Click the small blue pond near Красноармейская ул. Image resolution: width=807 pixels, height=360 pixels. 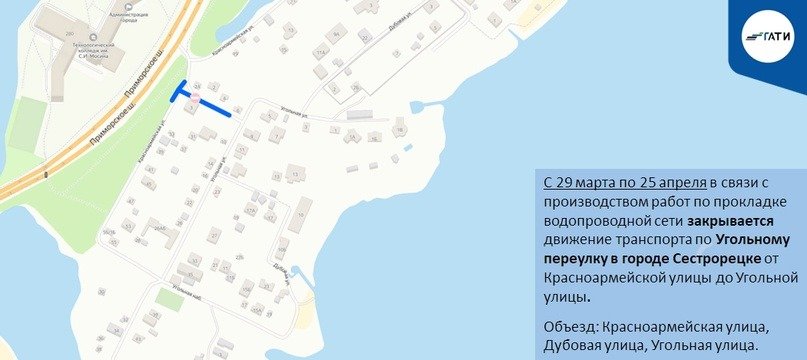409,149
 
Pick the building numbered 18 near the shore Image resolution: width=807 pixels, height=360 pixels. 401,127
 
